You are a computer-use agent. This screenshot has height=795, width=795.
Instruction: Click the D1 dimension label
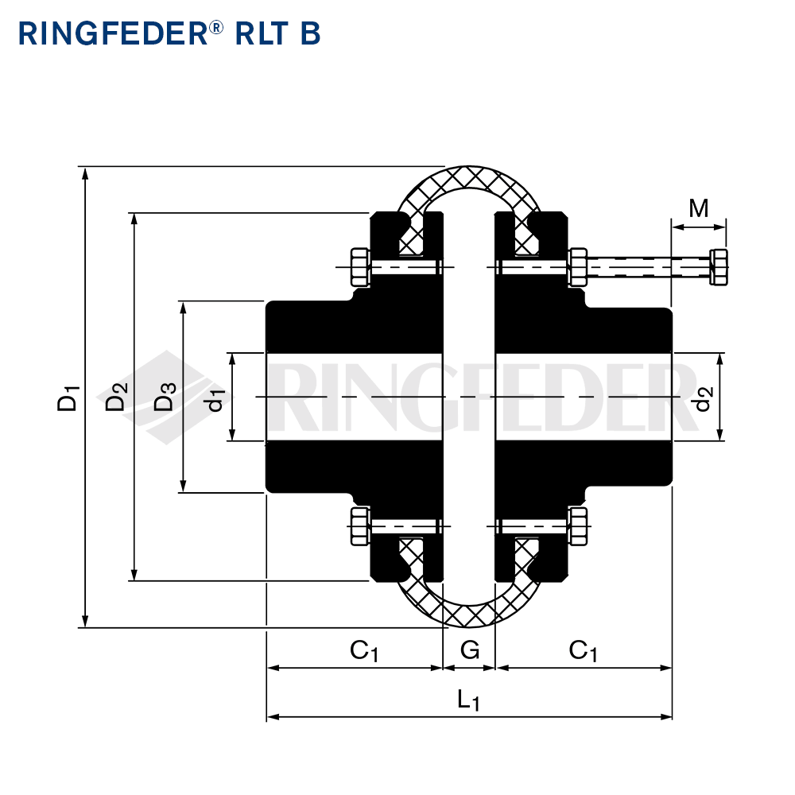[x=68, y=398]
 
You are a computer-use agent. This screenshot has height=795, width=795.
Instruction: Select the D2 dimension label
[x=117, y=397]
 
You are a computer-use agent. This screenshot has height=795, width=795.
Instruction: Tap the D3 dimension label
[x=165, y=397]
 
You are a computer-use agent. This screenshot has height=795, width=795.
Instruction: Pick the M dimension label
[x=699, y=207]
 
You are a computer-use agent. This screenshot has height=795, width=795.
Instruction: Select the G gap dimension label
[x=470, y=650]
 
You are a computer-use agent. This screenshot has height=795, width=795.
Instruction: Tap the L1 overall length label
[x=468, y=700]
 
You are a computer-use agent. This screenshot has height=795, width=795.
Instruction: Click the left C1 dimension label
[x=364, y=651]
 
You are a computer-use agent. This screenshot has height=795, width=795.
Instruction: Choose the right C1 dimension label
[x=583, y=651]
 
